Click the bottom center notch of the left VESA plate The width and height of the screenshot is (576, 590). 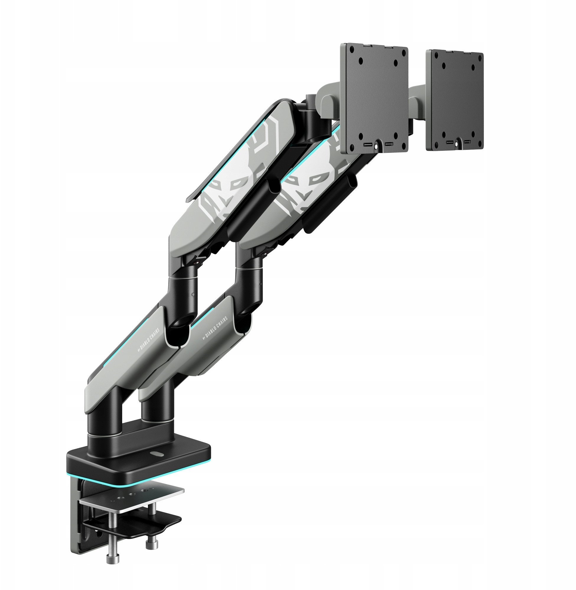376,145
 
